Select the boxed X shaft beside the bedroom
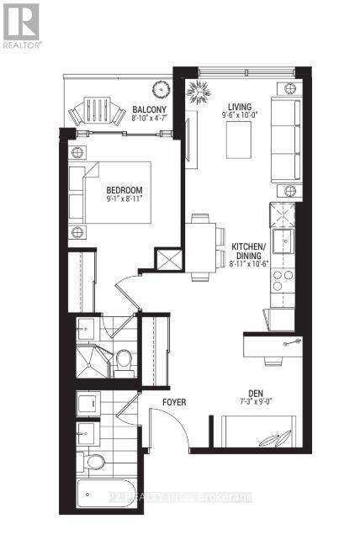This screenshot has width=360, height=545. click(172, 259)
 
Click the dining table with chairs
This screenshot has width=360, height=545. click(203, 246)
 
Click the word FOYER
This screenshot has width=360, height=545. click(174, 402)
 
